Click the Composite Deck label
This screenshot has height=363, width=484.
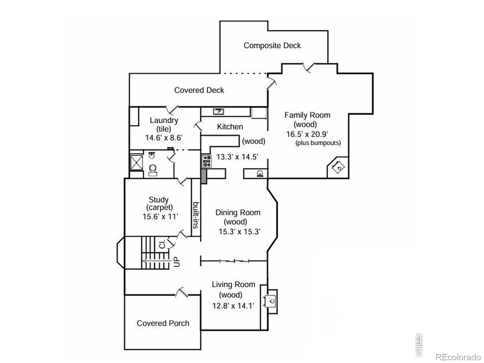[x=272, y=46]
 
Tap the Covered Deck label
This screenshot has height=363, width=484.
[x=199, y=90]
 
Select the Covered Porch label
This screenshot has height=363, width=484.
[x=163, y=323]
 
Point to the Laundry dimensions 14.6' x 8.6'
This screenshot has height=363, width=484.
[x=164, y=138]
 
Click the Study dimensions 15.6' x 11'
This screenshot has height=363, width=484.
[x=160, y=216]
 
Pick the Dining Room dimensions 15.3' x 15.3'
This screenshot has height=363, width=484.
[x=240, y=232]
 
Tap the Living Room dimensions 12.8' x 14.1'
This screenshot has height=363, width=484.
[x=233, y=306]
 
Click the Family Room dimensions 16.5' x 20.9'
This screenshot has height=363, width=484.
[x=307, y=134]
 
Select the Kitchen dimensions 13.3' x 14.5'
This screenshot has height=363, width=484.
[x=237, y=157]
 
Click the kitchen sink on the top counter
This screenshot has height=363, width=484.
[x=218, y=111]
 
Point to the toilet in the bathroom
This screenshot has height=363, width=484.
[x=152, y=170]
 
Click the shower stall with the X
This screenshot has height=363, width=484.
[x=136, y=163]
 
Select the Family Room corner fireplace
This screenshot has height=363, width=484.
[x=338, y=167]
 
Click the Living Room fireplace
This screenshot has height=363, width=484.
[x=269, y=301]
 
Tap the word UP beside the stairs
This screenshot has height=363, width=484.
[x=177, y=262]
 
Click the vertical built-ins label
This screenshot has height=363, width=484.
[x=196, y=215]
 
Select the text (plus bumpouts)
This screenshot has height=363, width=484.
[x=318, y=143]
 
